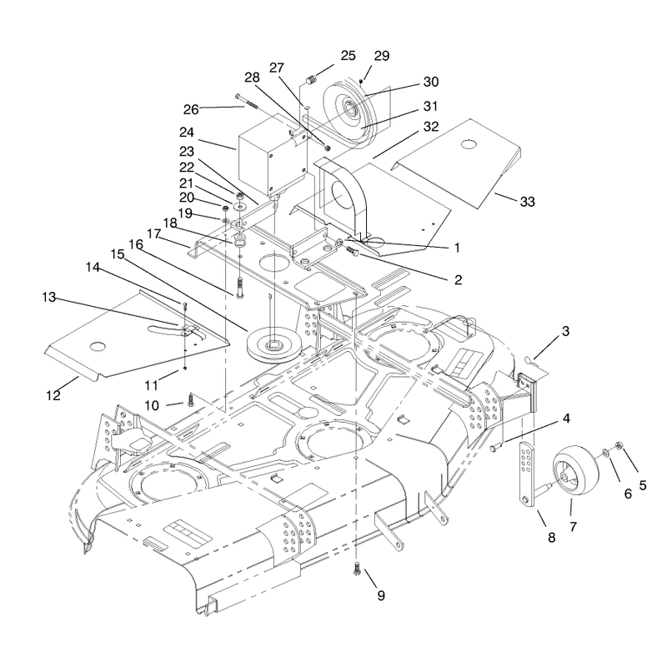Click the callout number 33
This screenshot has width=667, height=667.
528,202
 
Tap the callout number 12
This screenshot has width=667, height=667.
53,395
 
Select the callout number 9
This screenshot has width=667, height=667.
381,595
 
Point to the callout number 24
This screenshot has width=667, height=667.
186,133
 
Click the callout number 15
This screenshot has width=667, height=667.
117,254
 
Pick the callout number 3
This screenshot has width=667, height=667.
565,331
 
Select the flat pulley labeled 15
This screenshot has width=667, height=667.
274,344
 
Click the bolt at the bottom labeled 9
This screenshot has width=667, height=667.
357,569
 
